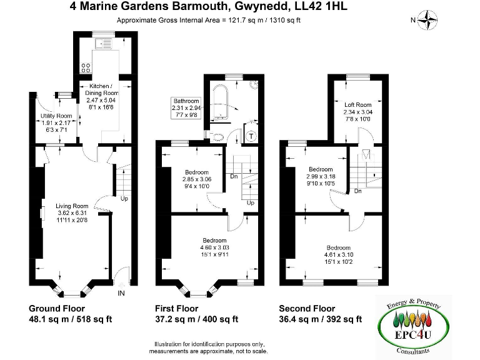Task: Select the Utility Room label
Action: [x=56, y=116]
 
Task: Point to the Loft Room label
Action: [x=357, y=105]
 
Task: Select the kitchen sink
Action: [x=102, y=44]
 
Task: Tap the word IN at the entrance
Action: [x=121, y=292]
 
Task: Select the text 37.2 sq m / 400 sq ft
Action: [x=196, y=319]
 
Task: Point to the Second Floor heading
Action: [x=307, y=309]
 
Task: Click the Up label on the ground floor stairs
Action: [x=124, y=199]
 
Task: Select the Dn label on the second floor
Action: [x=357, y=191]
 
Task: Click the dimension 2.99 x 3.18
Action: [x=321, y=176]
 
